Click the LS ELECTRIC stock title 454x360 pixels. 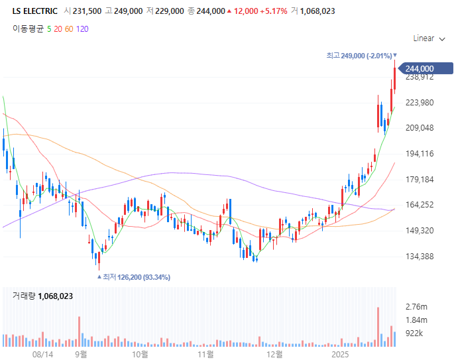click(35, 11)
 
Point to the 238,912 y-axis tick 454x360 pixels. click(419, 77)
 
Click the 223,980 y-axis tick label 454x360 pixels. click(419, 102)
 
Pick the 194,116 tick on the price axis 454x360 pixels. click(419, 154)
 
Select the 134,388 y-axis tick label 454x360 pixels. click(419, 257)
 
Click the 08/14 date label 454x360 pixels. click(42, 355)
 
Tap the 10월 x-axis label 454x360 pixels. click(140, 355)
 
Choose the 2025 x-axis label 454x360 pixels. click(341, 355)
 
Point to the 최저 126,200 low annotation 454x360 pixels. click(136, 277)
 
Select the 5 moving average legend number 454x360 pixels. click(49, 29)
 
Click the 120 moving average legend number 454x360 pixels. click(82, 29)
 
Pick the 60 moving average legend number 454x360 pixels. click(69, 29)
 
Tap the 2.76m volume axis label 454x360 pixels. click(416, 307)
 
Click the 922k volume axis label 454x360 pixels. click(414, 333)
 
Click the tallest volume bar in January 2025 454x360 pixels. click(378, 327)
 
